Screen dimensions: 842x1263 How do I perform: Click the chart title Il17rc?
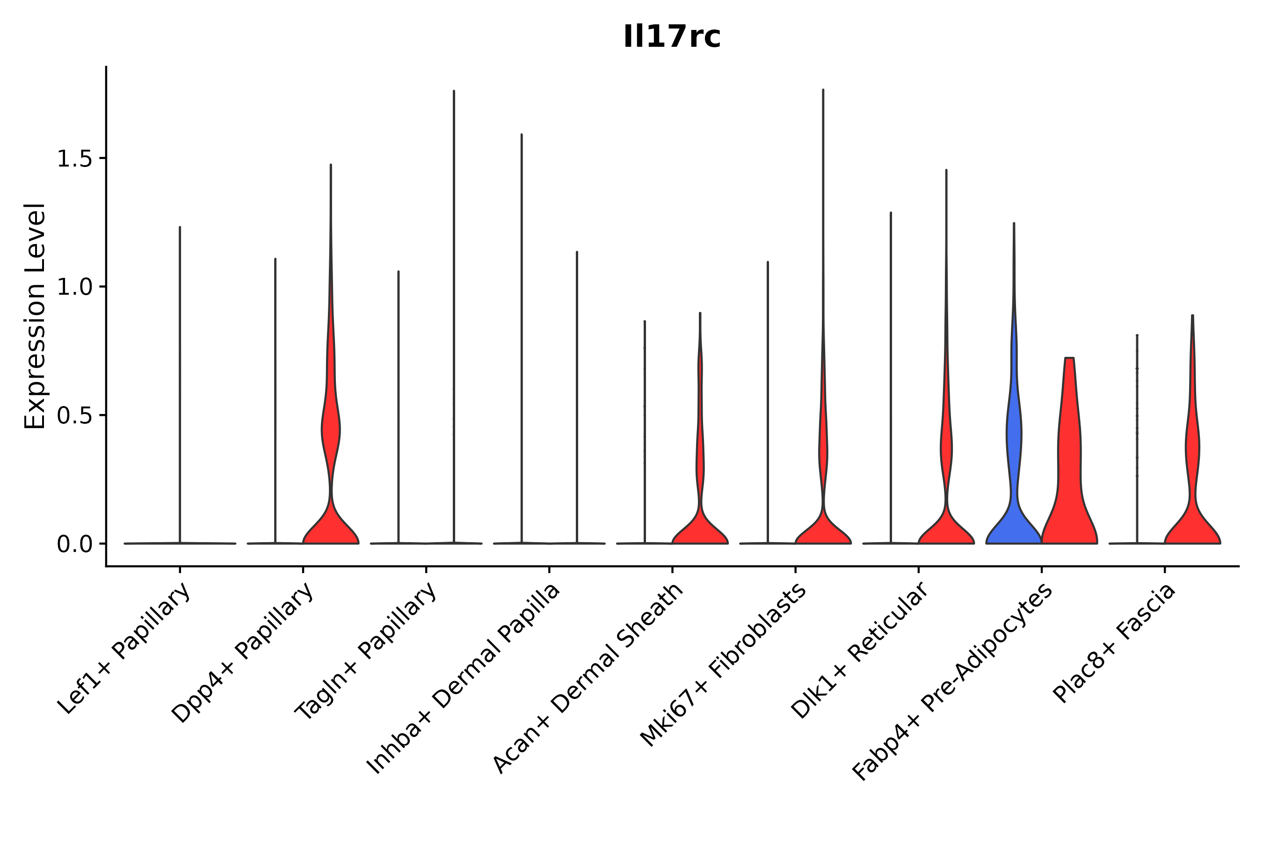(671, 37)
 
